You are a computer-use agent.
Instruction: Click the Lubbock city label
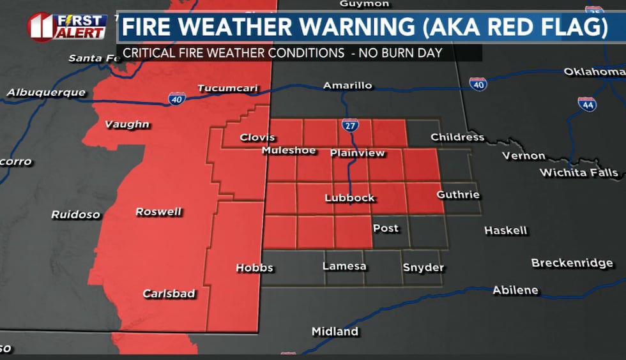pos(349,198)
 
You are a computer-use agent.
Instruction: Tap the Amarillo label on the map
pos(347,86)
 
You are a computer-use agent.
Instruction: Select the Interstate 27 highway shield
pos(349,126)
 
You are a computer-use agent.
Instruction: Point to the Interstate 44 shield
pos(587,103)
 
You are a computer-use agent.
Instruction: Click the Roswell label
pos(158,212)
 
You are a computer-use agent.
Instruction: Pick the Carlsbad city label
pos(169,294)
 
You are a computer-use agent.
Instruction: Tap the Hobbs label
pos(254,268)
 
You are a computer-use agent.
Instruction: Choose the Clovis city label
pos(257,137)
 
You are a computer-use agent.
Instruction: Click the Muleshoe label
pos(289,151)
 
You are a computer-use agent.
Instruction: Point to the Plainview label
pos(358,153)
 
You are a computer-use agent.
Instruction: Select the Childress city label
pos(457,137)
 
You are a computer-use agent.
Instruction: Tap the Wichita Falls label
pos(579,172)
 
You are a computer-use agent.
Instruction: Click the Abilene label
pos(515,290)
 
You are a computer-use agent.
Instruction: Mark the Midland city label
pos(335,331)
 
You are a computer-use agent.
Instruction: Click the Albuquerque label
pos(46,93)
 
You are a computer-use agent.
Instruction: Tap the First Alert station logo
pos(67,26)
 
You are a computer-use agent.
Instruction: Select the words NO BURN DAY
pos(401,53)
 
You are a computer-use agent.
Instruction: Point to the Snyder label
pos(423,267)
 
